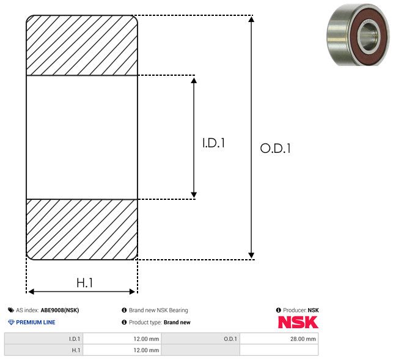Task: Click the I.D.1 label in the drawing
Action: [x=213, y=142]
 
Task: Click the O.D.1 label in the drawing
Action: [x=276, y=148]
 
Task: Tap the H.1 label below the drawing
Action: [x=85, y=283]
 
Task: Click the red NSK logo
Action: [x=298, y=322]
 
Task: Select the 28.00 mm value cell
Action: [x=279, y=339]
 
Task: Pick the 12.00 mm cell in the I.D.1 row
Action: [x=122, y=339]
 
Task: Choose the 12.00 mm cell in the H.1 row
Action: [x=122, y=350]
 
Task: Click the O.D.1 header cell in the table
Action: [x=200, y=339]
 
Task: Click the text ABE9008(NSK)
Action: [x=60, y=310]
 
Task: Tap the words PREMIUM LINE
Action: [x=35, y=322]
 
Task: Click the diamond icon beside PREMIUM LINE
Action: [x=11, y=322]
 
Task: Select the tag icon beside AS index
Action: [x=11, y=310]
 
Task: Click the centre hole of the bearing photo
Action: [x=367, y=37]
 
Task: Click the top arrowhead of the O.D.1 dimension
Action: [x=251, y=19]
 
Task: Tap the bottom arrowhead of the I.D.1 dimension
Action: [x=194, y=195]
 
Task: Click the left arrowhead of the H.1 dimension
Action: [x=31, y=292]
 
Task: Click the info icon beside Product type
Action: [x=124, y=322]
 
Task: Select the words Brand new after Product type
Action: [x=177, y=322]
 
